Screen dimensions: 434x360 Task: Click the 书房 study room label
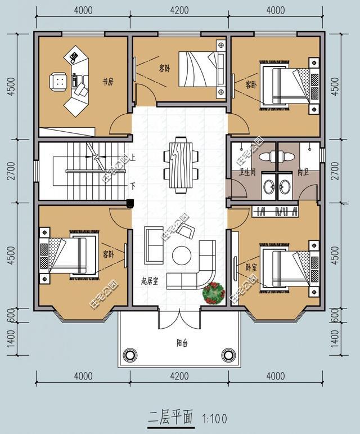(x=108, y=82)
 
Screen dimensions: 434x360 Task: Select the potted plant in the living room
(x=214, y=292)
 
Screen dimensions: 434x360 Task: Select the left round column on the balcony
(x=130, y=355)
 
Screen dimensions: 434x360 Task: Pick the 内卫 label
(x=303, y=172)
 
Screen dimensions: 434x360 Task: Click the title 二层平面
(x=170, y=418)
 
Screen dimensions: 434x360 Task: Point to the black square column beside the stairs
(x=129, y=203)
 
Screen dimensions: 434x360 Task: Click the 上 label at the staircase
(x=133, y=158)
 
